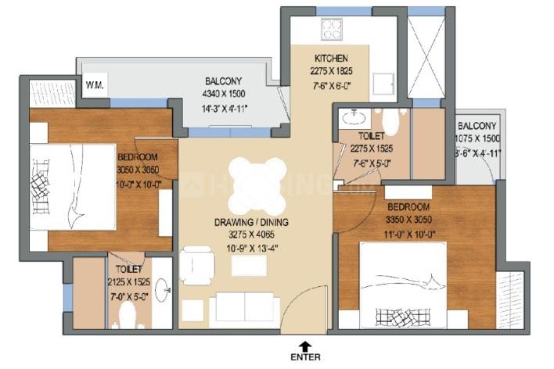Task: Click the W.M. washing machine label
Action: [95, 84]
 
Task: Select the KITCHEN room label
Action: [331, 59]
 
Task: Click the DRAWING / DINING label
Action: [252, 222]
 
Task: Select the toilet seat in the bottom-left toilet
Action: [125, 315]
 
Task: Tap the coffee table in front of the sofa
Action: [249, 266]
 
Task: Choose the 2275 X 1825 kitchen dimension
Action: [331, 70]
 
